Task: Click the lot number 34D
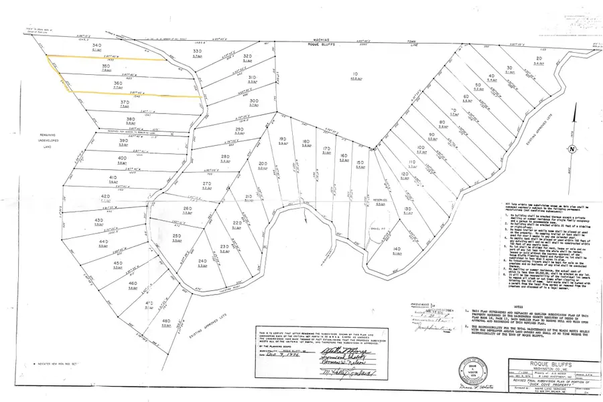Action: pos(98,45)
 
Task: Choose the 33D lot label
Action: pos(197,51)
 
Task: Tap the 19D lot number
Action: pos(283,139)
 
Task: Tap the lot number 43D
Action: pos(98,220)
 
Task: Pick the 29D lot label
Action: pos(239,129)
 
